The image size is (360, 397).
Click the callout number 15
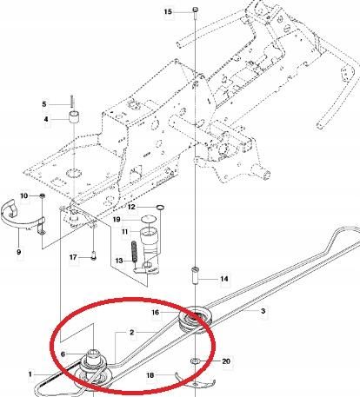(x=169, y=11)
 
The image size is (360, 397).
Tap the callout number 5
(x=49, y=103)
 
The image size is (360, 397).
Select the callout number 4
(x=49, y=118)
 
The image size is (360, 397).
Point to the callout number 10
(x=23, y=195)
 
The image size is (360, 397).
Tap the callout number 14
(x=224, y=279)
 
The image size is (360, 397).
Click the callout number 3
(x=263, y=309)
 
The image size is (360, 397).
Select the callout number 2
(x=131, y=332)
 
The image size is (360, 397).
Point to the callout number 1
(x=30, y=374)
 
